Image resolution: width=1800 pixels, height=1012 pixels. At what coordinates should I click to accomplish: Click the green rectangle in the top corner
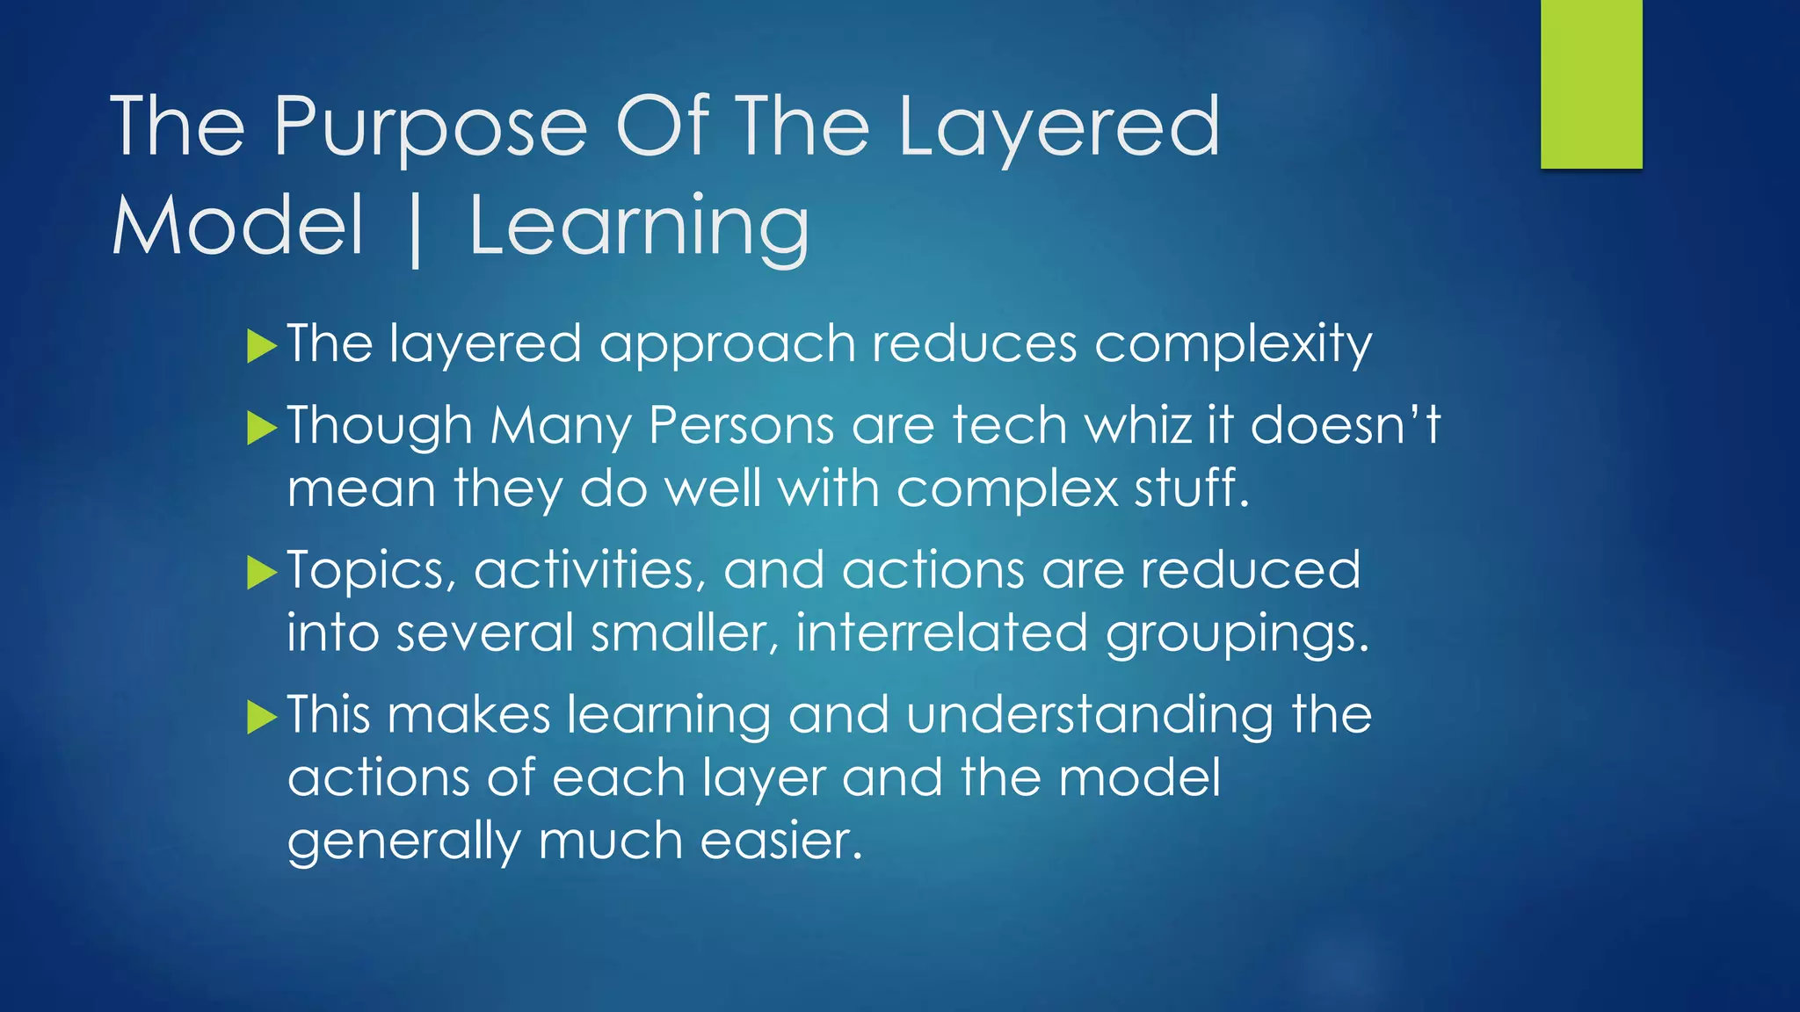coord(1591,83)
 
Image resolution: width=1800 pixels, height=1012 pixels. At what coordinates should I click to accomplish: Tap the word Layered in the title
coord(1058,128)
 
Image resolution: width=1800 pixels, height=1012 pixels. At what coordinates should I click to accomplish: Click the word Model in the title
coord(237,227)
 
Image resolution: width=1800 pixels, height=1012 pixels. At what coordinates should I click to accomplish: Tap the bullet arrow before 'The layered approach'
coord(261,346)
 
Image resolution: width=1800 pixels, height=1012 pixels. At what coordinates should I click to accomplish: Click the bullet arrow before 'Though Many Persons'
coord(261,429)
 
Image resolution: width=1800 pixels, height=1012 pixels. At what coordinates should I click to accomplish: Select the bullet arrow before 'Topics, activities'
coord(261,573)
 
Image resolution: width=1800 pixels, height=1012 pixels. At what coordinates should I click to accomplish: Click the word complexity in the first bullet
coord(1232,344)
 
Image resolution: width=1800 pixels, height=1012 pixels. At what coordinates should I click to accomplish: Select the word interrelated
coord(941,633)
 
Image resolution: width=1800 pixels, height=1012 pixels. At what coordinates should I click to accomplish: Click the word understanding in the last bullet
coord(1089,715)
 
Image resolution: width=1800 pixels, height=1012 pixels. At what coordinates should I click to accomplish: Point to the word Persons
coord(741,425)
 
